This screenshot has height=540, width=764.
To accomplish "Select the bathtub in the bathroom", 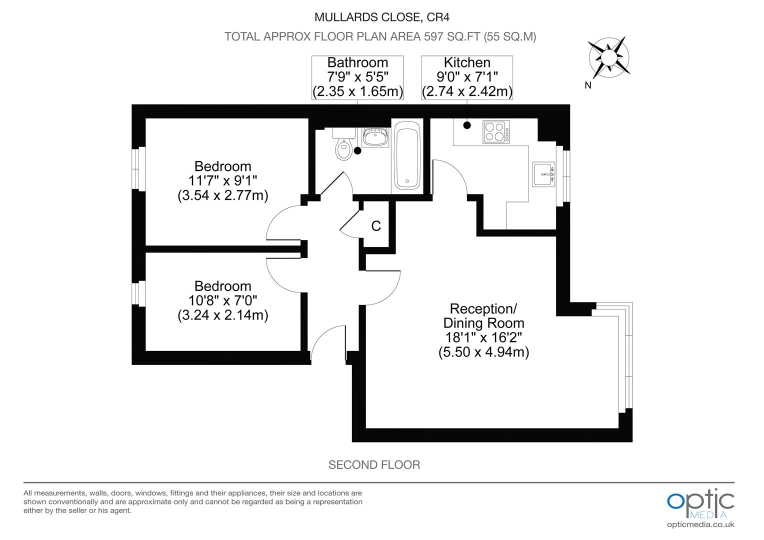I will click(407, 156).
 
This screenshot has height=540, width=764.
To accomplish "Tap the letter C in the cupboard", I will click(376, 226).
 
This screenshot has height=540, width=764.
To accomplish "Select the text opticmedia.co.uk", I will click(700, 524).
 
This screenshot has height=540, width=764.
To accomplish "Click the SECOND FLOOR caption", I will click(374, 465).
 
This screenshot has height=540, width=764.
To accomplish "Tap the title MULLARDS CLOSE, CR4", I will click(381, 17).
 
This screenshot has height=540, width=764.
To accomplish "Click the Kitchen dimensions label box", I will click(467, 77).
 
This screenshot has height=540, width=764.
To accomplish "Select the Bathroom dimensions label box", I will click(357, 77).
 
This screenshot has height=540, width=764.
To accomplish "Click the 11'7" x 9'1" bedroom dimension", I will click(223, 180).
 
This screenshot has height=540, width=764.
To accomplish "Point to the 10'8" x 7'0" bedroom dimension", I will click(223, 300).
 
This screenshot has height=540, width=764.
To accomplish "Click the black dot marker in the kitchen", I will click(467, 125).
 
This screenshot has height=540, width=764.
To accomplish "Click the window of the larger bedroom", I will click(138, 168).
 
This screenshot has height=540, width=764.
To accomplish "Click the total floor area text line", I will click(380, 36).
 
